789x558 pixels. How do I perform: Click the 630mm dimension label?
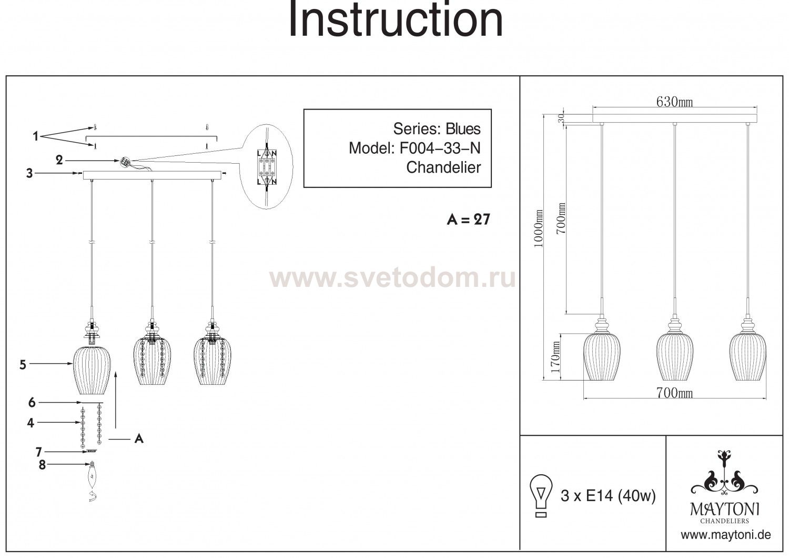click(x=674, y=102)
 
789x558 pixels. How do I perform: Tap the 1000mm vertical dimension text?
click(x=539, y=229)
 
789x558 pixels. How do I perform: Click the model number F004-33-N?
click(x=440, y=148)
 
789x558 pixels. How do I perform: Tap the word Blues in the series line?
click(x=463, y=129)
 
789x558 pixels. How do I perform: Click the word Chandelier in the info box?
click(x=443, y=167)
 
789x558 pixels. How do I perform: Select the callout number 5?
click(x=23, y=365)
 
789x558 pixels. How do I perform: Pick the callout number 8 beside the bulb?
click(x=42, y=465)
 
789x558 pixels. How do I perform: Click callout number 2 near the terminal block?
click(x=59, y=161)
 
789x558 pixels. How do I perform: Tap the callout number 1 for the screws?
click(x=35, y=136)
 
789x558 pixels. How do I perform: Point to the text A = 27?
click(x=469, y=220)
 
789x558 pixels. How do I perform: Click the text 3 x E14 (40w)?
click(x=608, y=496)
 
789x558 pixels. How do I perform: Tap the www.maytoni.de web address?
click(x=726, y=535)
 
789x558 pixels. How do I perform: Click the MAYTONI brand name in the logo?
click(x=724, y=510)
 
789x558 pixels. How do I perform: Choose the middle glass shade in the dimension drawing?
click(x=674, y=356)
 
